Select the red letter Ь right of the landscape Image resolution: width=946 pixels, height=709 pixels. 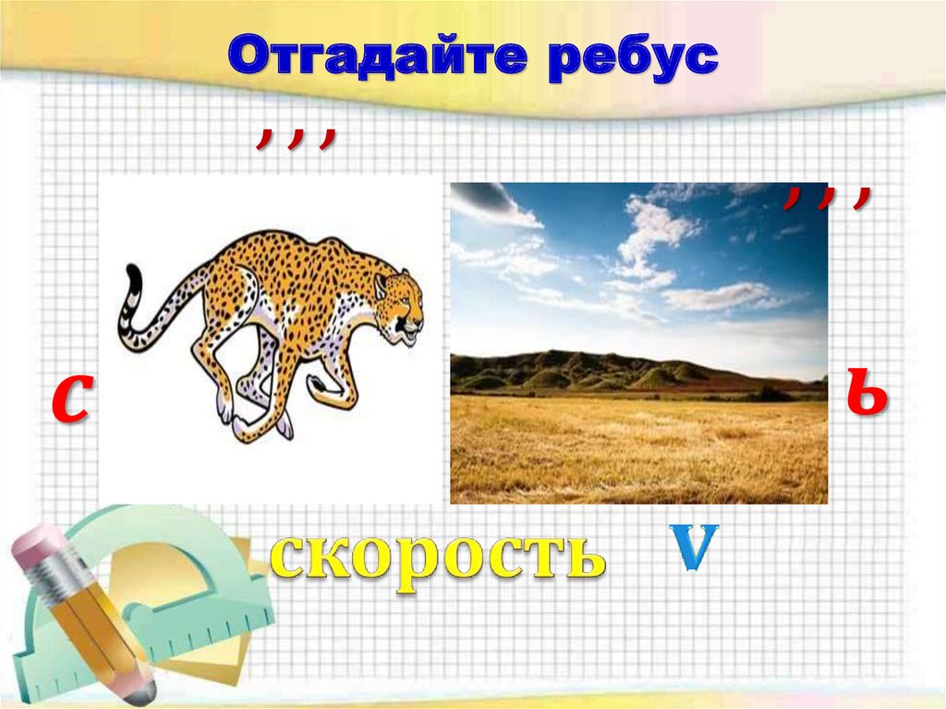coord(867,393)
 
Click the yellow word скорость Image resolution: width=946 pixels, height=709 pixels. coord(437,555)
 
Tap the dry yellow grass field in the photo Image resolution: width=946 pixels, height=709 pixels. coord(637,448)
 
